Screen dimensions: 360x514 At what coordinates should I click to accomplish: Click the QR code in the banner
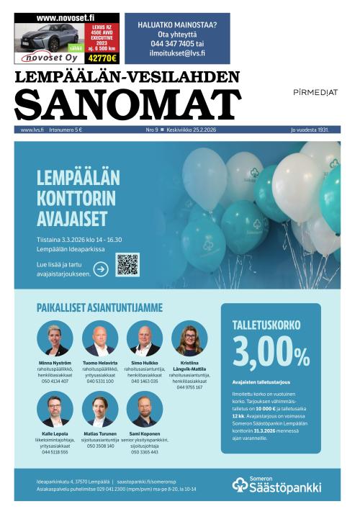click(127, 264)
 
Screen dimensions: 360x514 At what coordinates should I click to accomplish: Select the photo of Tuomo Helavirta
click(100, 338)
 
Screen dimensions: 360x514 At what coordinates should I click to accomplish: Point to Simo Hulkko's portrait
click(145, 338)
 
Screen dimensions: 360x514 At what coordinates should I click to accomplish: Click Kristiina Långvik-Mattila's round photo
click(189, 338)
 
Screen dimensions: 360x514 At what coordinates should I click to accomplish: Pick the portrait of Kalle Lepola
click(55, 409)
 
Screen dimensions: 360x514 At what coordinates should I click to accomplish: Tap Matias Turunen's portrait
click(100, 409)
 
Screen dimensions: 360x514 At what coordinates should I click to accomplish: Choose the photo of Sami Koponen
click(145, 409)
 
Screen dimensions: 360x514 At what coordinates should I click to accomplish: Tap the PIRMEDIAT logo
click(315, 93)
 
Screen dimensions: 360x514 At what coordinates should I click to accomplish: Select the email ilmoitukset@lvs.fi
click(177, 53)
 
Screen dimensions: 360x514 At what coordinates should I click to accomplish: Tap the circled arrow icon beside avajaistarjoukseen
click(101, 269)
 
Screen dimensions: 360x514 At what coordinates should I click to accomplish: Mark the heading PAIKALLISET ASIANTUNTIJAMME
click(99, 307)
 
